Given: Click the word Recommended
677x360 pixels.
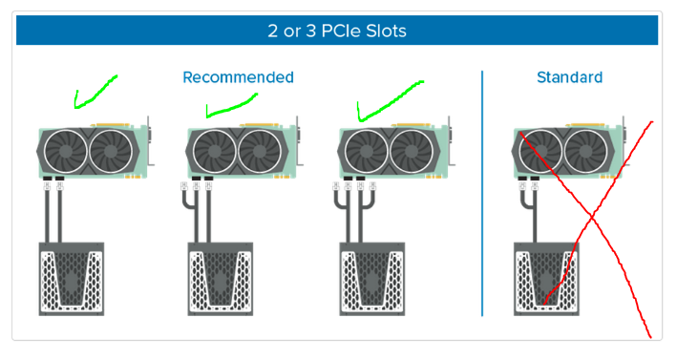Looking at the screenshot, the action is point(238,77).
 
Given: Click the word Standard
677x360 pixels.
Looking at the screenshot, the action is point(569,77).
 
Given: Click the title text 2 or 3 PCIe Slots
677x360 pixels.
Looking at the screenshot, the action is point(337,31).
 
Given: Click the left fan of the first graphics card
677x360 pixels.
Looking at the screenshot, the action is point(66,152).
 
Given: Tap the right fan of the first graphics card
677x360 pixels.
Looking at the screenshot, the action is point(111,152).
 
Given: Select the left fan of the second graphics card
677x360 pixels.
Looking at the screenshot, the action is point(215,152).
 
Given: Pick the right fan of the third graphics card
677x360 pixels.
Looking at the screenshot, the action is point(412,152).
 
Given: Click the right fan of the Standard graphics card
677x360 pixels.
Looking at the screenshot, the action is point(585,152).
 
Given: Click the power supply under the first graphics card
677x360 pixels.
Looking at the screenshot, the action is point(72,279).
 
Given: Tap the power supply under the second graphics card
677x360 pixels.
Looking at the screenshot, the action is point(221,279).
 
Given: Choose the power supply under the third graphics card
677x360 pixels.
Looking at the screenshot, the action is point(372,279).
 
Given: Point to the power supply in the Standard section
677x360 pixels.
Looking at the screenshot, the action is point(546,279).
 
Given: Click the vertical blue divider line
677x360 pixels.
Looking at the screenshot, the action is point(482,194).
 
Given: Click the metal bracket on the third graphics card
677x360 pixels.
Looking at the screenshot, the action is point(451,140).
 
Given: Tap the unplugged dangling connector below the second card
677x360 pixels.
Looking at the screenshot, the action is point(184,186).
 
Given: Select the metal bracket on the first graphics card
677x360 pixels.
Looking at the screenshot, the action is point(150,140).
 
